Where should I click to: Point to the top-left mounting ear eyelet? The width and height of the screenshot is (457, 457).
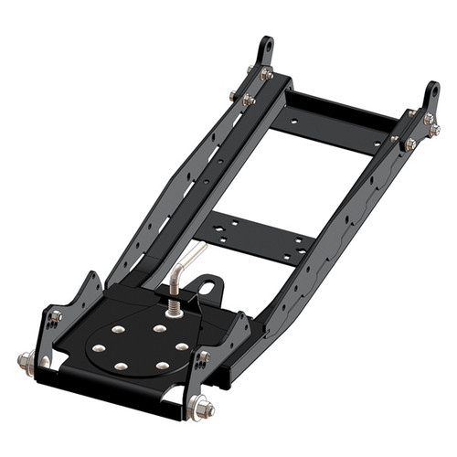click(x=266, y=46)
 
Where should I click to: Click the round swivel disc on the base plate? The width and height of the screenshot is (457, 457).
click(x=142, y=344)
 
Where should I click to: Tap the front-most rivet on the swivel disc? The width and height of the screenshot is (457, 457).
click(x=121, y=367)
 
